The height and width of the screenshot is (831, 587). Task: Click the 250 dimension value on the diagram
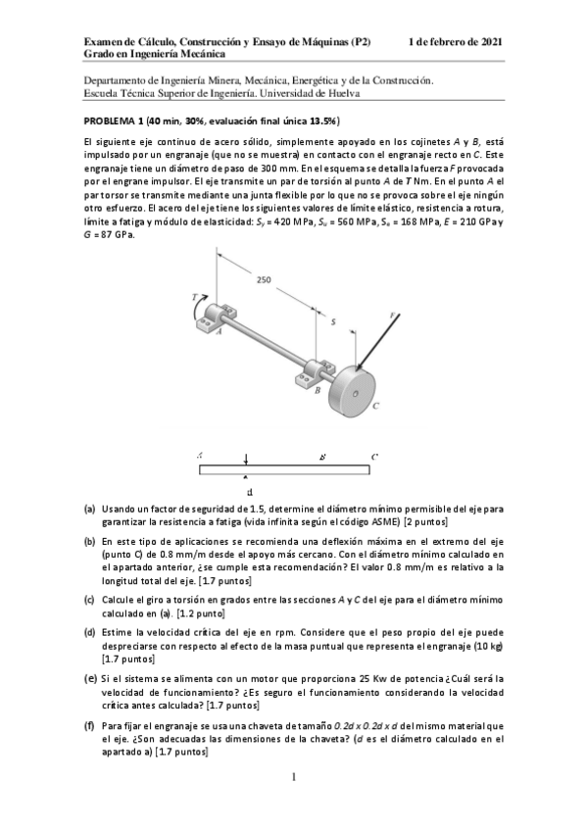click(x=264, y=280)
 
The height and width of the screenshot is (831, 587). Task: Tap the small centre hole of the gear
click(x=355, y=392)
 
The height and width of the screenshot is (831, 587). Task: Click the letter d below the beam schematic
click(x=251, y=492)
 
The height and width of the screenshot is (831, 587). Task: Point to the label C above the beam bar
click(x=374, y=457)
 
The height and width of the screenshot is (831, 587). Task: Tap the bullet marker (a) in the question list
click(x=89, y=510)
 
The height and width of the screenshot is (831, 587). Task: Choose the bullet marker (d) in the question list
click(x=89, y=633)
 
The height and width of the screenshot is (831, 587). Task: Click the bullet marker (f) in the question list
click(x=89, y=725)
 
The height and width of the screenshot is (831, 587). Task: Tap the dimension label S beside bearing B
click(x=333, y=320)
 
